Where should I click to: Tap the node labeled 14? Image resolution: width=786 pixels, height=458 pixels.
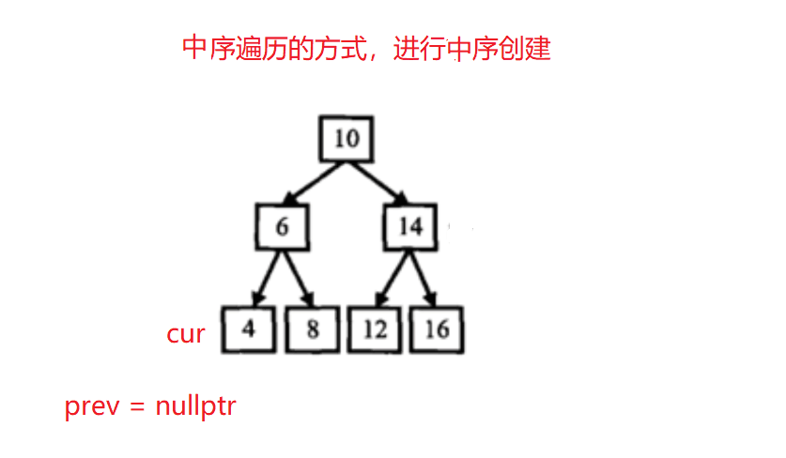[x=409, y=227]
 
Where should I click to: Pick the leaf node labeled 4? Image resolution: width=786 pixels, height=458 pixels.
[x=249, y=329]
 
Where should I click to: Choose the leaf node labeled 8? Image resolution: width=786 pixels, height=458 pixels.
[x=312, y=329]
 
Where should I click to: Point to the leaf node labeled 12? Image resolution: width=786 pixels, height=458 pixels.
[x=375, y=329]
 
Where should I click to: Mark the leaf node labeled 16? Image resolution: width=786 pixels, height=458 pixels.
[x=437, y=329]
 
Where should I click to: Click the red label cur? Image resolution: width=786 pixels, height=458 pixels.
[x=185, y=333]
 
